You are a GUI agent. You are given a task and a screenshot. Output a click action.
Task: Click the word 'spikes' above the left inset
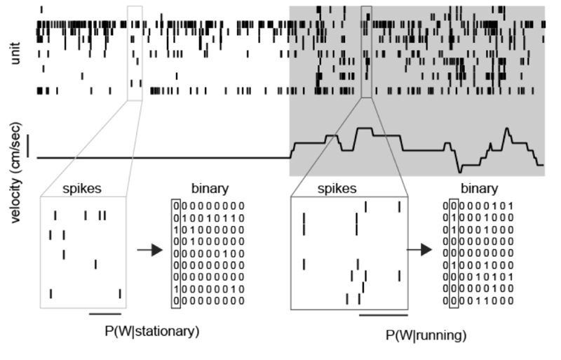click(83, 189)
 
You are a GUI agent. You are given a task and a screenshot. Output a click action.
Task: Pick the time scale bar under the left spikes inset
click(104, 314)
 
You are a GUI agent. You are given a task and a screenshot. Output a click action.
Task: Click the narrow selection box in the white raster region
click(135, 53)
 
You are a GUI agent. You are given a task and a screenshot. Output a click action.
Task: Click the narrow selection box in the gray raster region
click(366, 53)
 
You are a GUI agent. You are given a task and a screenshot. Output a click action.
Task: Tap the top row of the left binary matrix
click(208, 206)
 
